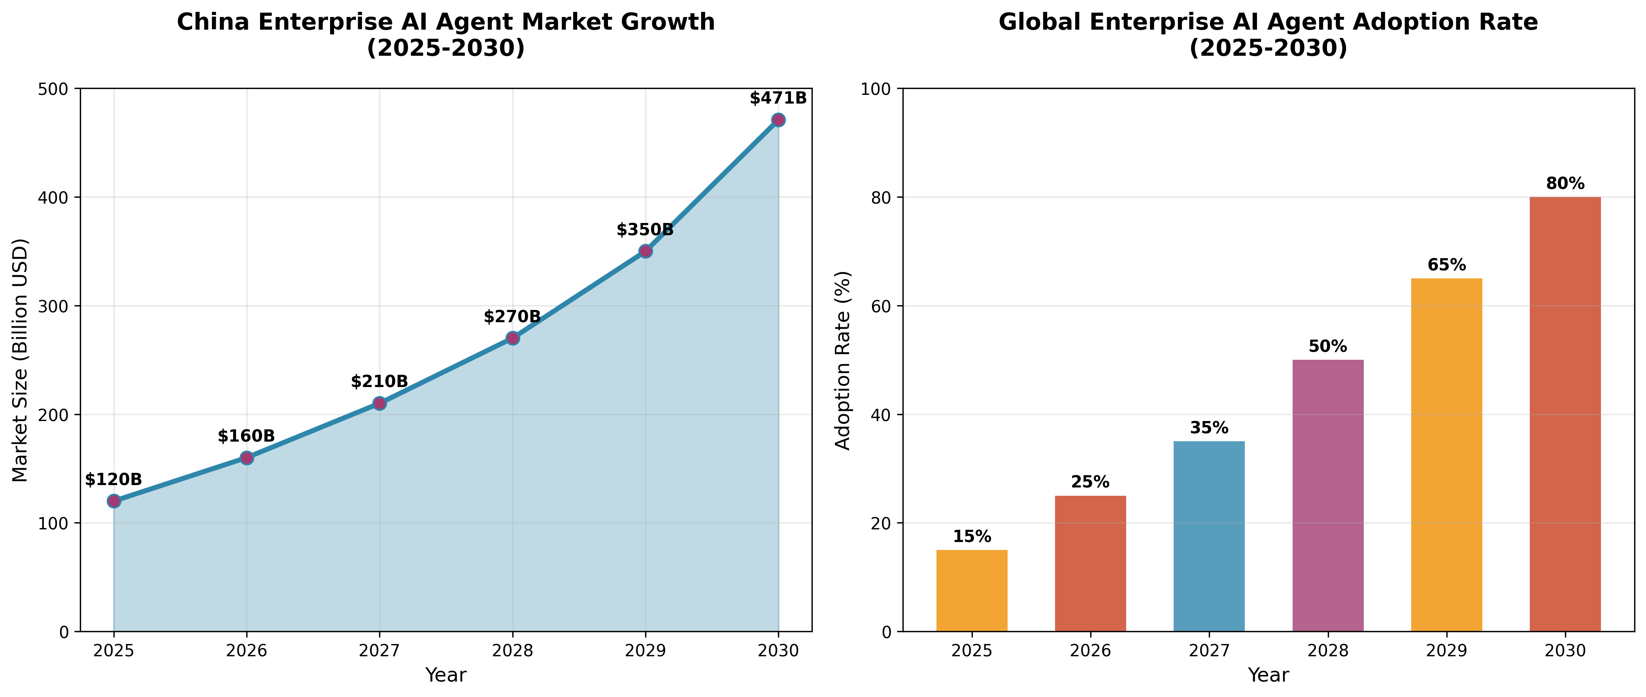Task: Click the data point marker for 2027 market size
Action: pos(379,403)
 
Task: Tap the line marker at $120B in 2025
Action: pos(114,501)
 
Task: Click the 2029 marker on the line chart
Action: pos(646,251)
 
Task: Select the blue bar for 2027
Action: pos(1209,536)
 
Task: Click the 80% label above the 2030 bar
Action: pos(1565,184)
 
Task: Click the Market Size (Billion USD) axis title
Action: pos(21,360)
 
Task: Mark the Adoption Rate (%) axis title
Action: pos(844,360)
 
